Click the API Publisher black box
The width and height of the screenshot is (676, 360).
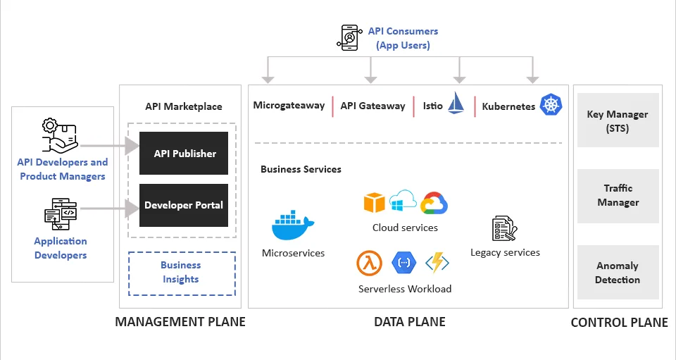pyautogui.click(x=184, y=153)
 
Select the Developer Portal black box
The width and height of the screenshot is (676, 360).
pyautogui.click(x=184, y=205)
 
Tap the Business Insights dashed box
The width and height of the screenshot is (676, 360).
pyautogui.click(x=181, y=273)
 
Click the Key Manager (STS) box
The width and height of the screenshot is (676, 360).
pyautogui.click(x=618, y=120)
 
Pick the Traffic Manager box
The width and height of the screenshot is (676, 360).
pyautogui.click(x=618, y=195)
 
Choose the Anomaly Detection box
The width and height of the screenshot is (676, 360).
pyautogui.click(x=618, y=273)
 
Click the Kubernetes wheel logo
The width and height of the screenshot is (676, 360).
pyautogui.click(x=551, y=104)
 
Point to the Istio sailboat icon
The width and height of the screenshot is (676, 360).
pyautogui.click(x=456, y=103)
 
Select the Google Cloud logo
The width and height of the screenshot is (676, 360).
pyautogui.click(x=434, y=204)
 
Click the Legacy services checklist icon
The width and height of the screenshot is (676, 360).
pyautogui.click(x=504, y=230)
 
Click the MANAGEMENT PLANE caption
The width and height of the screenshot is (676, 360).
pyautogui.click(x=180, y=322)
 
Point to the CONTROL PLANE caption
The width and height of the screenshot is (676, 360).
pyautogui.click(x=619, y=322)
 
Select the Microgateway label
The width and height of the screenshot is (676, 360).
pyautogui.click(x=289, y=106)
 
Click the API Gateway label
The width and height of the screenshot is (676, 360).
pyautogui.click(x=373, y=106)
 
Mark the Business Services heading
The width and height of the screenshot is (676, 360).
pyautogui.click(x=301, y=169)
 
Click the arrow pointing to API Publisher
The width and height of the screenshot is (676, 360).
pyautogui.click(x=110, y=147)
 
